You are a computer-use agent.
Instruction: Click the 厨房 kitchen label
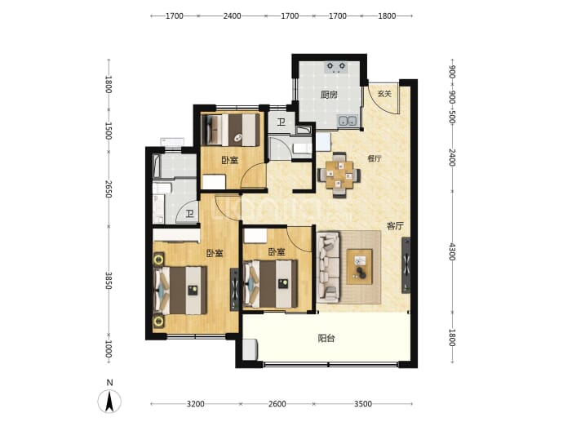(x=329, y=95)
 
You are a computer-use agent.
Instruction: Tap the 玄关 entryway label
(x=384, y=94)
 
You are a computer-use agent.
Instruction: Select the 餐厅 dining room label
(x=375, y=158)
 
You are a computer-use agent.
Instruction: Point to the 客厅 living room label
(x=395, y=226)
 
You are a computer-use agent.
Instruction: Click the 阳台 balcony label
(x=326, y=338)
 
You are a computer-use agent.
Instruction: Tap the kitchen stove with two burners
(x=336, y=67)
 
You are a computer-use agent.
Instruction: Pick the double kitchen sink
(x=348, y=121)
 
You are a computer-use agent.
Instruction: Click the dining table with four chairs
(x=339, y=175)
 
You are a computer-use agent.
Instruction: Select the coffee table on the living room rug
(x=359, y=267)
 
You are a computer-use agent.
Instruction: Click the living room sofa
(x=328, y=267)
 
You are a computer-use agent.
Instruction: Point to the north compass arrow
(x=109, y=401)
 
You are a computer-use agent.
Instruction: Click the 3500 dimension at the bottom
(x=363, y=404)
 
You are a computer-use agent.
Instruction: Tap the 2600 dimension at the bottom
(x=277, y=404)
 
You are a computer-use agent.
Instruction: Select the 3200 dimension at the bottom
(x=196, y=404)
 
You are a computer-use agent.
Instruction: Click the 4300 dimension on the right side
(x=452, y=251)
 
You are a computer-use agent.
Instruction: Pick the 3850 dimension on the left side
(x=109, y=281)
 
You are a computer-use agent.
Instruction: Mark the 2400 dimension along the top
(x=232, y=16)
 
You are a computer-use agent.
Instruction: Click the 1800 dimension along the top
(x=387, y=16)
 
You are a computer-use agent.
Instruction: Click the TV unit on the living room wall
(x=406, y=265)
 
